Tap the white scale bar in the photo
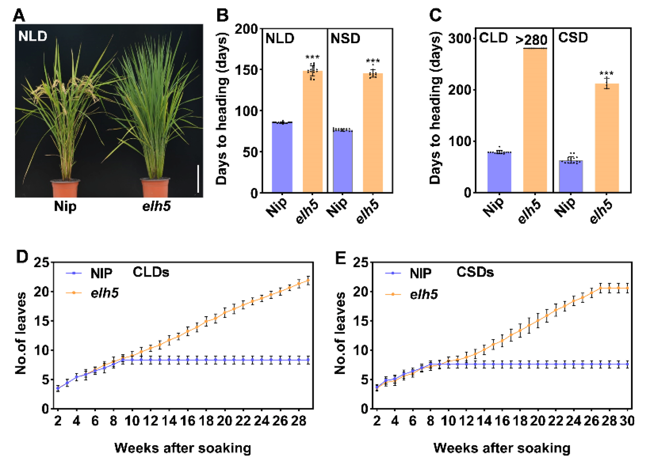point(198,179)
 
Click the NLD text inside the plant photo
point(33,36)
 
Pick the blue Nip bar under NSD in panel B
point(343,161)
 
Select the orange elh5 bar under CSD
point(607,138)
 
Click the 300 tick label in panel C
point(459,38)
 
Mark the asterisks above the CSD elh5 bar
point(606,73)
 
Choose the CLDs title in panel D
point(151,272)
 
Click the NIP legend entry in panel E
point(420,273)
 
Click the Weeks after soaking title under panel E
point(502,448)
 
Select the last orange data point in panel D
point(308,280)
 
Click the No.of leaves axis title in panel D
point(21,333)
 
